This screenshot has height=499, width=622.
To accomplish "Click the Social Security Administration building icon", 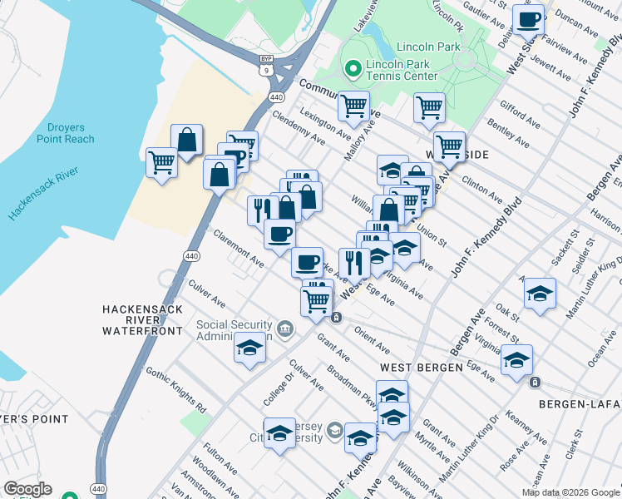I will tap(285, 329).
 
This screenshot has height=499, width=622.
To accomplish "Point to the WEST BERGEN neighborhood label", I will tap(421, 367).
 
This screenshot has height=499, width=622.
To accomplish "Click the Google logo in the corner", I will tap(27, 489).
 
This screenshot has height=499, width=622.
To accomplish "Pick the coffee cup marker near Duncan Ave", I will tap(528, 19).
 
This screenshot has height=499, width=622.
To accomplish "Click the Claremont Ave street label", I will tap(238, 249).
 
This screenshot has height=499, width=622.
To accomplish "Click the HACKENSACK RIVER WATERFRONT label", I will tap(141, 319).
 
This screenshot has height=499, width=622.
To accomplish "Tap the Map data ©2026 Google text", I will tap(570, 492).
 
